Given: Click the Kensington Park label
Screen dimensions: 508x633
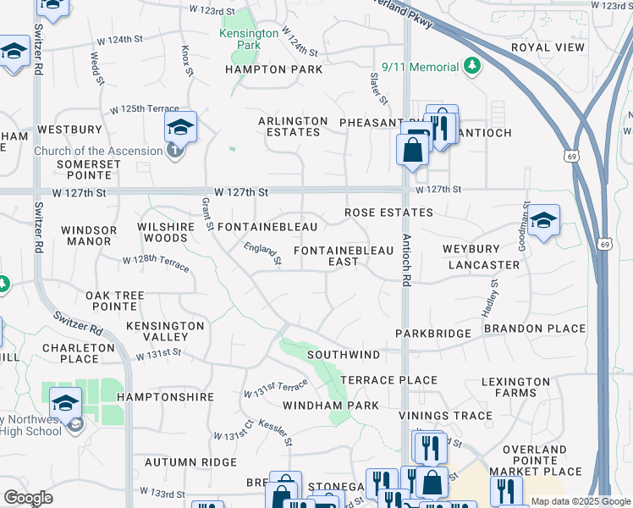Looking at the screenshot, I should click(x=250, y=39).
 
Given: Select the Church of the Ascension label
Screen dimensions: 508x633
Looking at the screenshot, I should click(x=98, y=151).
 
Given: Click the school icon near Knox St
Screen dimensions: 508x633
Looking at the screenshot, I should click(x=180, y=127).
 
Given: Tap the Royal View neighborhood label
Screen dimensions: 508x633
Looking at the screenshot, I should click(x=548, y=47).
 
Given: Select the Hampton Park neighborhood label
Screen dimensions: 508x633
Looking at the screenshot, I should click(x=273, y=69).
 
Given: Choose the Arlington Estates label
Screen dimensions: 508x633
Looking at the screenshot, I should click(x=293, y=127).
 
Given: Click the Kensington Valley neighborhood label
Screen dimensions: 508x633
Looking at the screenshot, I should click(x=165, y=331).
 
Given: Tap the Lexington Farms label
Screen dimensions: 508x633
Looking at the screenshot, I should click(x=515, y=388).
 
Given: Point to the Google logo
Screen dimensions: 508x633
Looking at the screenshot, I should click(x=28, y=498).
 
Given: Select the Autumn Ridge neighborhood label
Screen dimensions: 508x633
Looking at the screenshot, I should click(x=190, y=462).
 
